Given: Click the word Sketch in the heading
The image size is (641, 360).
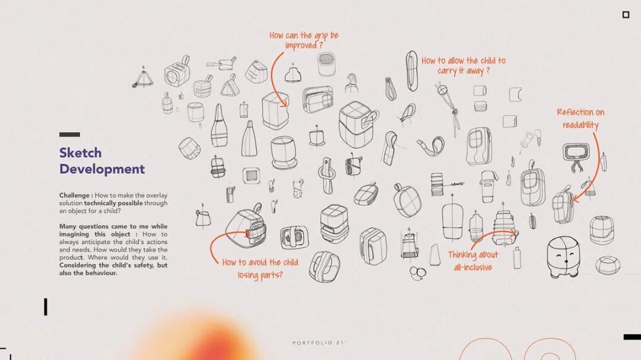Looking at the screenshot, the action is (x=80, y=153).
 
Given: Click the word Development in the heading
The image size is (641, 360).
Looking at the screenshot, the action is (x=102, y=169).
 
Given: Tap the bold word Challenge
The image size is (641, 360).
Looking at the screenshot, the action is (x=75, y=195).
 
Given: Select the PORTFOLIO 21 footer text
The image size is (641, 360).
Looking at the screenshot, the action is (x=319, y=343).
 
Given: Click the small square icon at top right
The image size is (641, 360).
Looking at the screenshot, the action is (x=626, y=15).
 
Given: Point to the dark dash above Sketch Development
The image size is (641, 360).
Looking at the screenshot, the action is (x=69, y=135).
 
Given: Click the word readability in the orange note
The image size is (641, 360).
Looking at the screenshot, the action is (x=580, y=125).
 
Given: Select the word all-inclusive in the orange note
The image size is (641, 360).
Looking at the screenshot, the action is (x=473, y=267).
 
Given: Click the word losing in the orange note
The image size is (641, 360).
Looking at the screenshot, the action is (x=248, y=275).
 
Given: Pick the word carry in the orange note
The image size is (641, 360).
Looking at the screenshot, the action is (x=447, y=71).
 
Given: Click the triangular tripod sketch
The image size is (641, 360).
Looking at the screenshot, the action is (x=142, y=77).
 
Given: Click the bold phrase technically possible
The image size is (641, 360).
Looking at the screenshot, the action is (x=113, y=203).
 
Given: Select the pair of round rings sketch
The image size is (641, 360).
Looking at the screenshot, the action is (x=417, y=272).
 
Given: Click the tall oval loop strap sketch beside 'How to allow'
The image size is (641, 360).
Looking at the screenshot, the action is (x=412, y=71).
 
